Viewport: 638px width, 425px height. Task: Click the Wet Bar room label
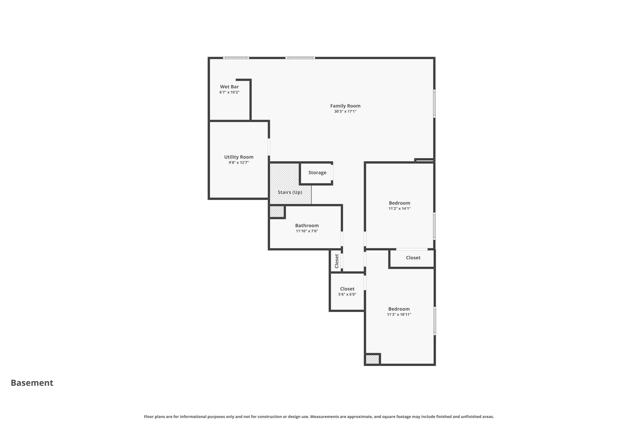(x=229, y=87)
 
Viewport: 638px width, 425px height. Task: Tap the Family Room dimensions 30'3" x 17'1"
(x=345, y=111)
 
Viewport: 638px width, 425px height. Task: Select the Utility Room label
(x=239, y=157)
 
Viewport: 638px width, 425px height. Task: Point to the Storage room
(x=317, y=172)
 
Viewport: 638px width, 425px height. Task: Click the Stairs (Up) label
(x=290, y=192)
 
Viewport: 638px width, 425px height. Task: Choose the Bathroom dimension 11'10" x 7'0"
(x=307, y=231)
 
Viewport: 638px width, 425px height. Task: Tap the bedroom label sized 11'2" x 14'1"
(x=399, y=203)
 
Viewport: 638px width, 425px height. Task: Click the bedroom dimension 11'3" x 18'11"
(x=399, y=314)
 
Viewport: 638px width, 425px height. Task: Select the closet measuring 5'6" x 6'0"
(x=347, y=291)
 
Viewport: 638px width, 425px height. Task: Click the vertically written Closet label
(x=336, y=261)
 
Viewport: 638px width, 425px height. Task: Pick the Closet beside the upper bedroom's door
(x=413, y=258)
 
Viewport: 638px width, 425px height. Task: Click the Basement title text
(x=32, y=383)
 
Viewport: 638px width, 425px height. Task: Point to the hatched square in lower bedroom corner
(x=372, y=359)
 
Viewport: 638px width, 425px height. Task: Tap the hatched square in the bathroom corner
(x=277, y=212)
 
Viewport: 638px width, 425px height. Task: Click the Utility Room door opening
(x=269, y=147)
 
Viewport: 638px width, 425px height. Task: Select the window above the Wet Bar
(x=236, y=58)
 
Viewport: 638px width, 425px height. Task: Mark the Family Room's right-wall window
(x=434, y=104)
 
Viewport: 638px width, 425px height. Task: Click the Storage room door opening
(x=332, y=172)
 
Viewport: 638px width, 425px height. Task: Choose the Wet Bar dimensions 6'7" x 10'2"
(x=229, y=92)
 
